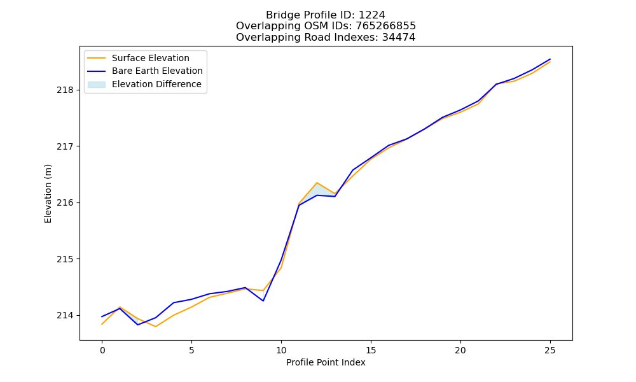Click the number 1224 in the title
pos(371,15)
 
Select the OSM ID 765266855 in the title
pos(385,26)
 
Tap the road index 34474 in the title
pos(398,38)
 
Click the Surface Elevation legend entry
pos(138,58)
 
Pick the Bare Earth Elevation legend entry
pos(145,71)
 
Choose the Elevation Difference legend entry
pos(144,84)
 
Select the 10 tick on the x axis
pos(281,350)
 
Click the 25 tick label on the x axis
pos(550,350)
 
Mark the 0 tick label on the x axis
pos(102,350)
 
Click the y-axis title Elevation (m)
pos(48,194)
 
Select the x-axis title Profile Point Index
pos(326,362)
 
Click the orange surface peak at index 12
pos(317,183)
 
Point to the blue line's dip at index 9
pos(263,301)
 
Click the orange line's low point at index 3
pos(155,327)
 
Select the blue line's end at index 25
pos(550,59)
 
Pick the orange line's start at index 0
pos(102,324)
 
